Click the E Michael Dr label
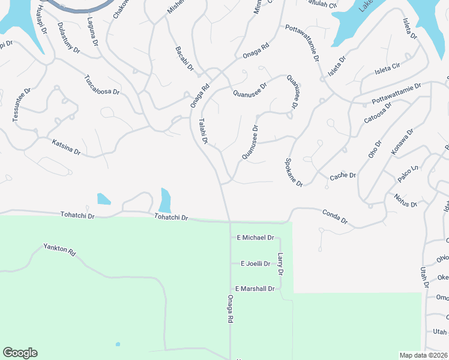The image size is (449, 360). point(255,238)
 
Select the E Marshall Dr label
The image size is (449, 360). point(255,289)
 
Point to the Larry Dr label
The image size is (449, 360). point(280,264)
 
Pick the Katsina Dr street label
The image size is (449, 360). point(66,146)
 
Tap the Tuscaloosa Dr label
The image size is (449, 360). point(101,85)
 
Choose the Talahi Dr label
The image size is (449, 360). point(203,131)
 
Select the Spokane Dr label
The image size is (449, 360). point(294,172)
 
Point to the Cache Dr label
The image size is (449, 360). point(343,176)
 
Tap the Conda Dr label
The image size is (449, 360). point(335,217)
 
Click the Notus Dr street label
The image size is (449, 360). point(406,200)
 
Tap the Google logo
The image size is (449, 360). point(20,353)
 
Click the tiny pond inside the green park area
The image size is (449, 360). point(118,344)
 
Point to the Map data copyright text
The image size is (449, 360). point(423,355)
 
